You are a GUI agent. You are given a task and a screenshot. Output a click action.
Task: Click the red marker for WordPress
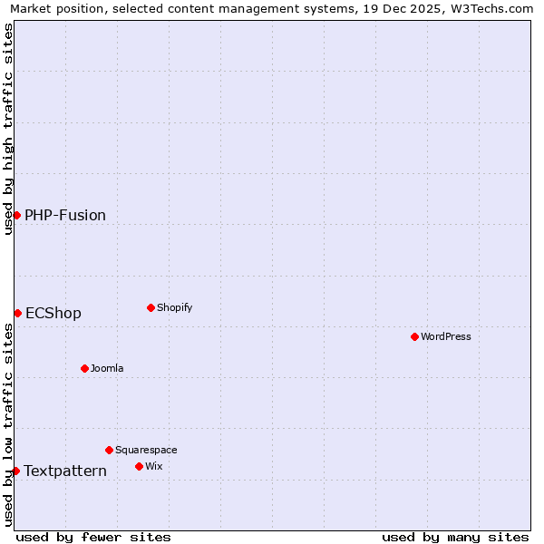point(414,336)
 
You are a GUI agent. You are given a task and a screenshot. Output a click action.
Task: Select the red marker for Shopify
point(151,307)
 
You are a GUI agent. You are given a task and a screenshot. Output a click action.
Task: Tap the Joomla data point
point(84,368)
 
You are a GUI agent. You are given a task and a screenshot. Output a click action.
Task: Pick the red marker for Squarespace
point(109,450)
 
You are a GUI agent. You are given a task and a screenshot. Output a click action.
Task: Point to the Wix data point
point(139,466)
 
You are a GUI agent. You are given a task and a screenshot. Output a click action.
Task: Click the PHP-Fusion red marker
point(16,215)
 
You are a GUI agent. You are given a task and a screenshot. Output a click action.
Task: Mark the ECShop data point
point(17,313)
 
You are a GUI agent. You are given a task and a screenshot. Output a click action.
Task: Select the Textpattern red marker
point(15,471)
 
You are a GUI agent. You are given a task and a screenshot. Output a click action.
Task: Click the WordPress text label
point(446,336)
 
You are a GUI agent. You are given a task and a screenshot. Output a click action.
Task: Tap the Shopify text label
point(175,307)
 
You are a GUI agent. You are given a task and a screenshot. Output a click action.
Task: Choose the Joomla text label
point(107,368)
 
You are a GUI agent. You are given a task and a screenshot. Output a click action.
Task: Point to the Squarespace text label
point(146,450)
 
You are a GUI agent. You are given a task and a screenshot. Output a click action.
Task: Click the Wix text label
point(153,466)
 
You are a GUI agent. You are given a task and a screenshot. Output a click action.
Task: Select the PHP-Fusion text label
point(65,215)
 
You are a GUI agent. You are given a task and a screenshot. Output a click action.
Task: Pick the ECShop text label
point(53,313)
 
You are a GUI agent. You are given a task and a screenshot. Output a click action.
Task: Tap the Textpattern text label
point(65,471)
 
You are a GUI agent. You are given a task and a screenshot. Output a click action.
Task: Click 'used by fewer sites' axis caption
point(93,537)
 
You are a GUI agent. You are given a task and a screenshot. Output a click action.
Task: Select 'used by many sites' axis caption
point(455,537)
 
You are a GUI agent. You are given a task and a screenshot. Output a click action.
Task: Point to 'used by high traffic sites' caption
point(8,129)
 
